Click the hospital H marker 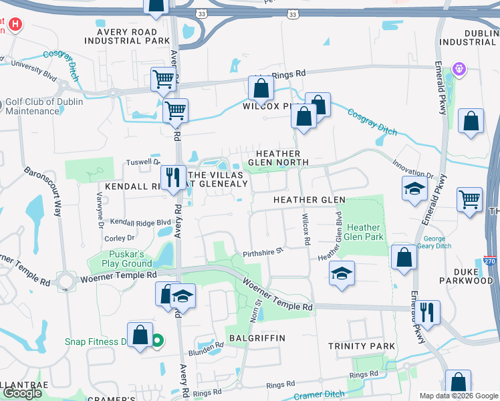[14, 25]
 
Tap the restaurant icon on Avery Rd [173, 178]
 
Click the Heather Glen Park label [364, 233]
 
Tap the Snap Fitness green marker [157, 341]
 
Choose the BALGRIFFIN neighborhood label [257, 338]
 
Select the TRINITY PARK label [356, 346]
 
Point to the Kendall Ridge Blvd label [132, 221]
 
